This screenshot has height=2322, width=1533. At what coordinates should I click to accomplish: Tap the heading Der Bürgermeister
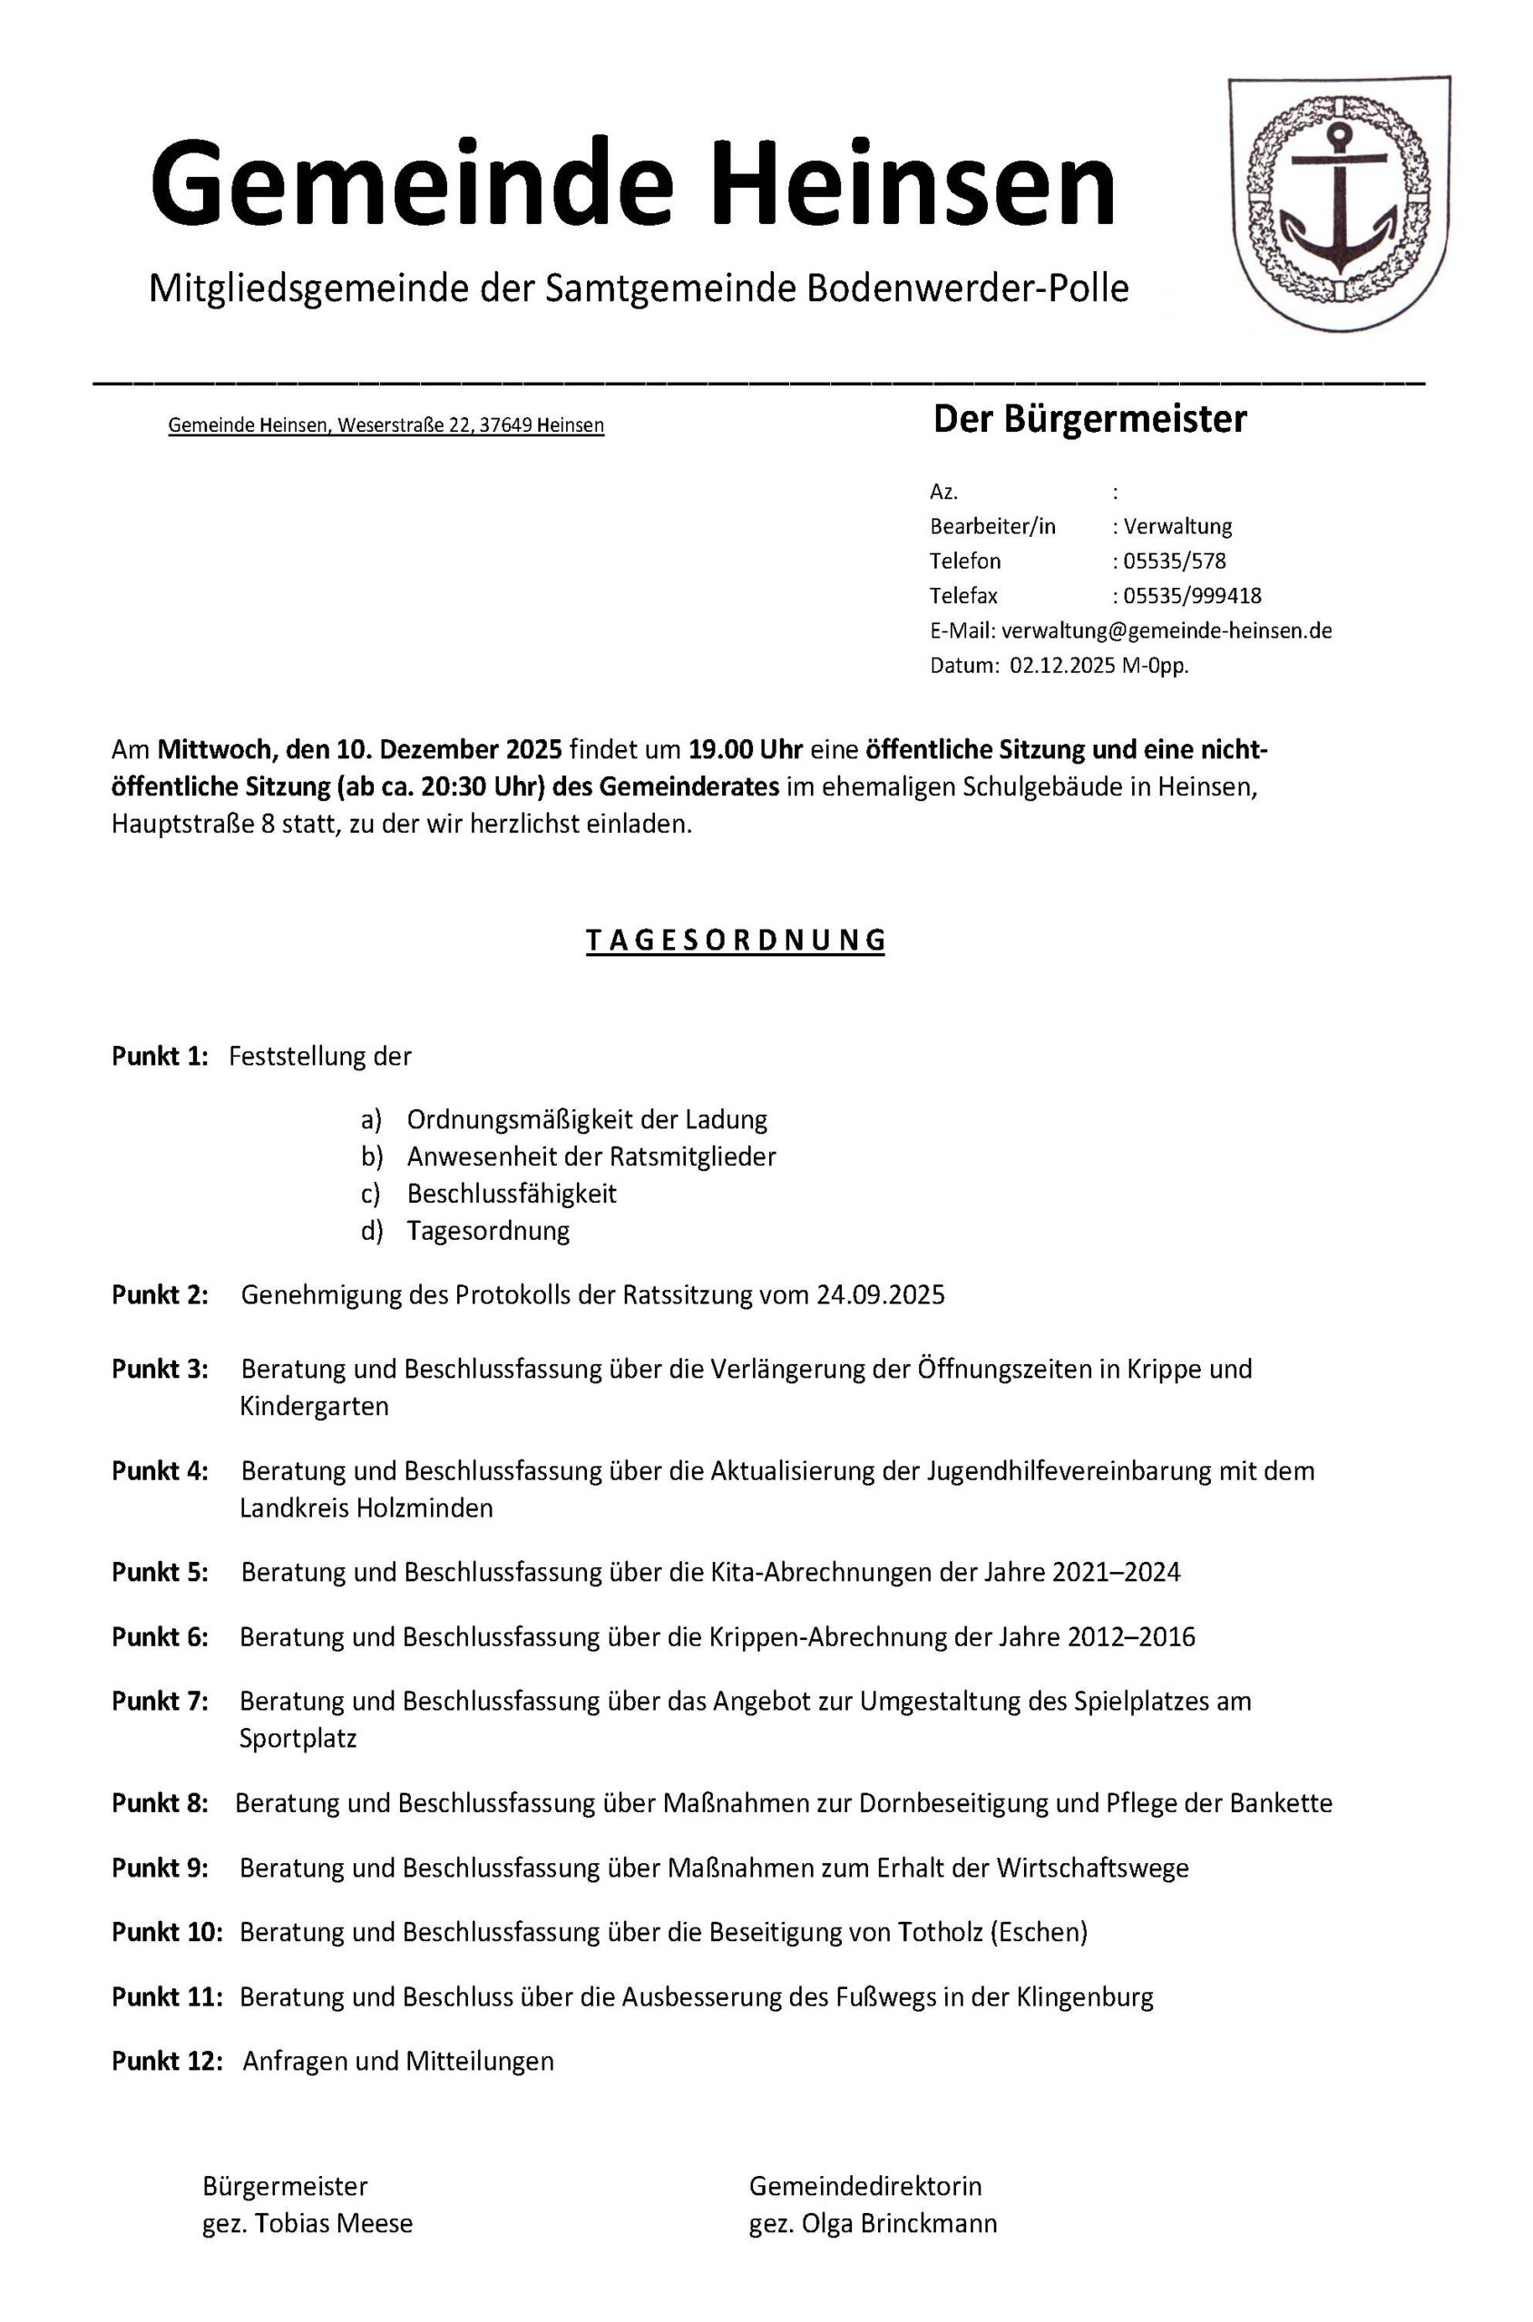pyautogui.click(x=1089, y=419)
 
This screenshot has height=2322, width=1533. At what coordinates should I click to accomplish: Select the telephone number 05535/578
pyautogui.click(x=1174, y=561)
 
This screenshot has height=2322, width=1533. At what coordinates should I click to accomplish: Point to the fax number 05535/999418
pyautogui.click(x=1192, y=595)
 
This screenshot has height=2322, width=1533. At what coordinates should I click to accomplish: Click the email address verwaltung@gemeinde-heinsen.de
pyautogui.click(x=1167, y=630)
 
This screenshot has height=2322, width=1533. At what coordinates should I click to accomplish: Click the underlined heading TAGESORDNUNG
pyautogui.click(x=736, y=941)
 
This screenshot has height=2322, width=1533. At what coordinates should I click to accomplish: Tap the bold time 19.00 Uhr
pyautogui.click(x=745, y=750)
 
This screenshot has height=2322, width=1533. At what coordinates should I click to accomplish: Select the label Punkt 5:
pyautogui.click(x=161, y=1572)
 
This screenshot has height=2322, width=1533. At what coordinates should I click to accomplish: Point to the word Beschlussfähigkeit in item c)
pyautogui.click(x=512, y=1194)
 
